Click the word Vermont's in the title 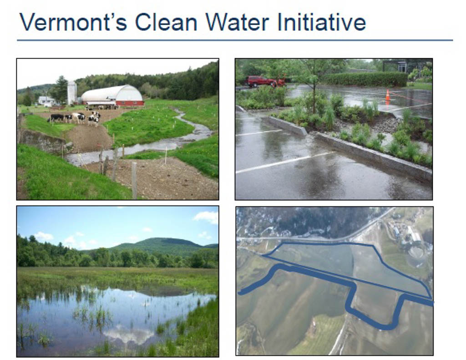tap(73, 22)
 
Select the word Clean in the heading tap(166, 22)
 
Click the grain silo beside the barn tap(71, 92)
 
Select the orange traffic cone tap(388, 96)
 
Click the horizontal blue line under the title tap(235, 40)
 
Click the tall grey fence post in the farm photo tap(134, 180)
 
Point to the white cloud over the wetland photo tap(206, 217)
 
